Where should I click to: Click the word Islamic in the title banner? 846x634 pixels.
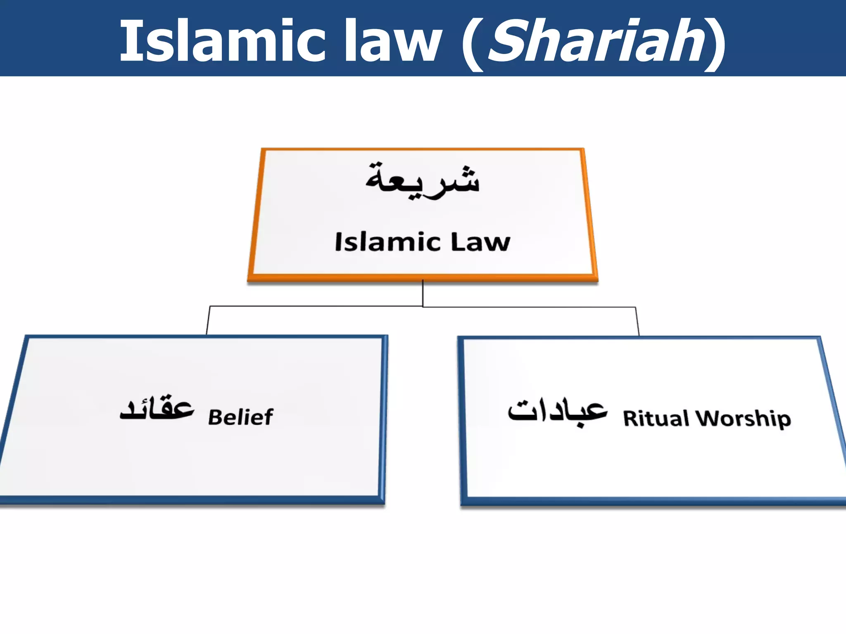click(223, 41)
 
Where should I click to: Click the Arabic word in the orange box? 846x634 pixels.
click(422, 181)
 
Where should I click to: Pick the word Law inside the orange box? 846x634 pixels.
click(480, 242)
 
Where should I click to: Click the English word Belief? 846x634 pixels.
click(240, 417)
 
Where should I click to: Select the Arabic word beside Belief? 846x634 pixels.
click(157, 409)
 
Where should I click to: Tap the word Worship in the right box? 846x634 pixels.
click(743, 419)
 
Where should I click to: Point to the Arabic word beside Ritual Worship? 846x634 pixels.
click(558, 411)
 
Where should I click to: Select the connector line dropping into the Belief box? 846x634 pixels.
click(208, 321)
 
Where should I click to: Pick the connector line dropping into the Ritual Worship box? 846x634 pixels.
click(637, 322)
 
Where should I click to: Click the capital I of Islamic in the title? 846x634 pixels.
click(126, 41)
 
